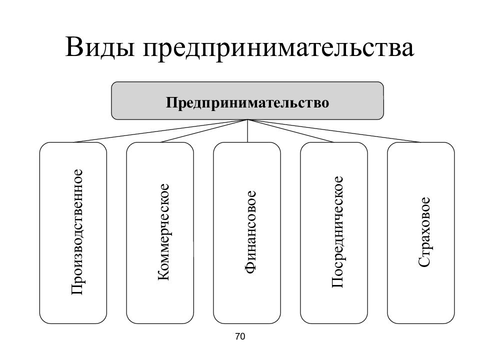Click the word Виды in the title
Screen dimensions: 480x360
[x=100, y=47]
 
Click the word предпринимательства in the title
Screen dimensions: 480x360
[x=278, y=49]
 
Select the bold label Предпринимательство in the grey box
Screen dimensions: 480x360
[x=247, y=102]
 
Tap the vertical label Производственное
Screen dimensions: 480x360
[x=76, y=232]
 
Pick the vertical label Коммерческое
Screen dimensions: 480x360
[x=163, y=232]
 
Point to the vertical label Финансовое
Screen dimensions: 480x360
[x=250, y=232]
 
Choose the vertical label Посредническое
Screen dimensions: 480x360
[x=337, y=232]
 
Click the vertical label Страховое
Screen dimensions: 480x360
[x=424, y=232]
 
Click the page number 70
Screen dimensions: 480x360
[x=240, y=336]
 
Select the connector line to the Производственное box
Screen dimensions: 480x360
[x=160, y=131]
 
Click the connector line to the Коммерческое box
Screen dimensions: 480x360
[x=204, y=131]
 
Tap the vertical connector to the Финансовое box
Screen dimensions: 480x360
[x=247, y=131]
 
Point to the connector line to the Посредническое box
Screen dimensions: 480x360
[x=291, y=131]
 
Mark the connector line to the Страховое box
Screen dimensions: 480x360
[x=334, y=131]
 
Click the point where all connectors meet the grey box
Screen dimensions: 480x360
[x=247, y=119]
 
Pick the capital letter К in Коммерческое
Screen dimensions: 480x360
[x=163, y=275]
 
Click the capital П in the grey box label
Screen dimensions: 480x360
[x=171, y=102]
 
